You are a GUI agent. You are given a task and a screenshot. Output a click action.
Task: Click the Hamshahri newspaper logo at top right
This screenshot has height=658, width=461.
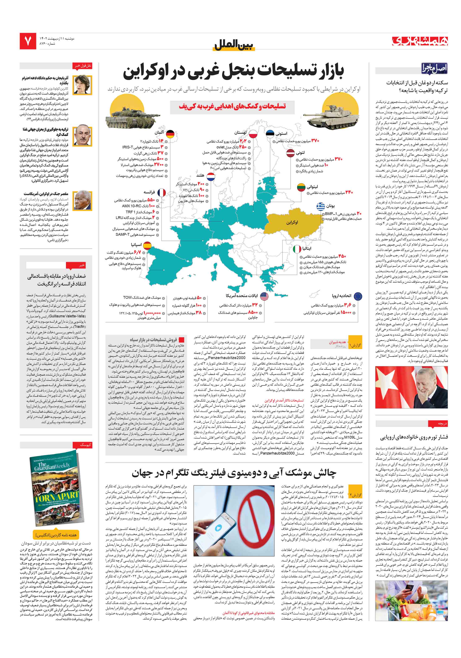[420, 41]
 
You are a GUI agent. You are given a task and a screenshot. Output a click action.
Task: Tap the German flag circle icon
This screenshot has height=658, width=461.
[170, 134]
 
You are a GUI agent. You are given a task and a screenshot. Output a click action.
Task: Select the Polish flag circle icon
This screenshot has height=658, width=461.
[253, 134]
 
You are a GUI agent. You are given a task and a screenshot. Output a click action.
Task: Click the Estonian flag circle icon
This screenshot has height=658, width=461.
[270, 134]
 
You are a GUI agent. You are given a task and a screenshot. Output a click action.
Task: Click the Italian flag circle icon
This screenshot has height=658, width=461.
[297, 249]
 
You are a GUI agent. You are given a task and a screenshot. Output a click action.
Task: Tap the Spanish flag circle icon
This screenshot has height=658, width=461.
[147, 246]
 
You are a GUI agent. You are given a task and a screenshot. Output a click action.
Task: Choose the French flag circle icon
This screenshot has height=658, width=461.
[162, 193]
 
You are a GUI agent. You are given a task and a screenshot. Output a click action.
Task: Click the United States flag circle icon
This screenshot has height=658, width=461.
[264, 296]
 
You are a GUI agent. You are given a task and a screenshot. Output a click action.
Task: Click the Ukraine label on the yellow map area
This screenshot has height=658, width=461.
[292, 222]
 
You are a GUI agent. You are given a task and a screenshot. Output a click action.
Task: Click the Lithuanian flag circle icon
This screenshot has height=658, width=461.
[301, 187]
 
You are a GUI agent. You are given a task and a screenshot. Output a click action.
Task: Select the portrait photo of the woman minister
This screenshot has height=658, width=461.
[82, 85]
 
